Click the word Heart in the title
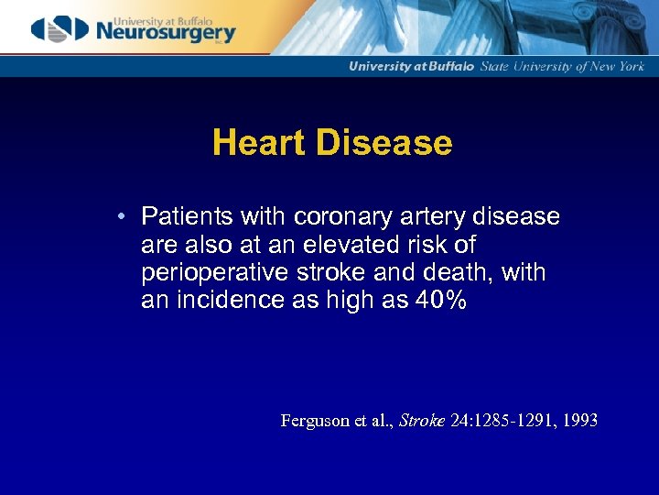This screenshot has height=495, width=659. tap(258, 143)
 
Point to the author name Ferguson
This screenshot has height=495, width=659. tap(315, 421)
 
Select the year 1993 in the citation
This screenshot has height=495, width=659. tap(578, 421)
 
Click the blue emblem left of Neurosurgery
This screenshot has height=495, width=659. tap(59, 30)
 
